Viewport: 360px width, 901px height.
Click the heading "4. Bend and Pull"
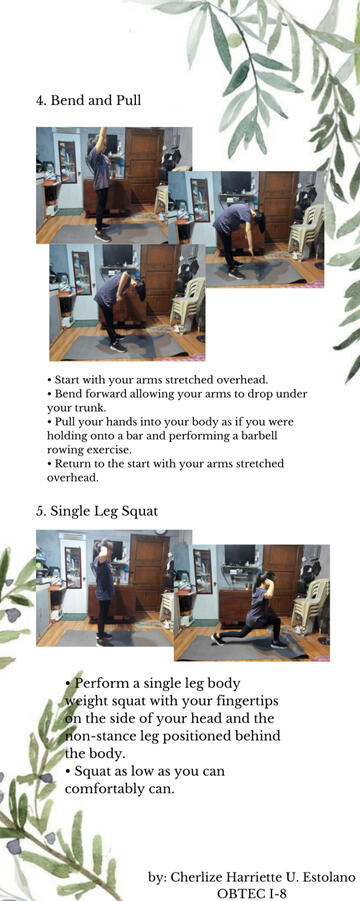pos(88,100)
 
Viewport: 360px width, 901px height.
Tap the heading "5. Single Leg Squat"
pos(96,511)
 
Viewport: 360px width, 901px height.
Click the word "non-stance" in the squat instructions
pos(99,736)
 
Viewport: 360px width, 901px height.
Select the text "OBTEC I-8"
pos(251,893)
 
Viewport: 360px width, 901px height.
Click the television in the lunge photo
pos(239,555)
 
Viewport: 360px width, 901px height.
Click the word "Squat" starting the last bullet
pos(92,771)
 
